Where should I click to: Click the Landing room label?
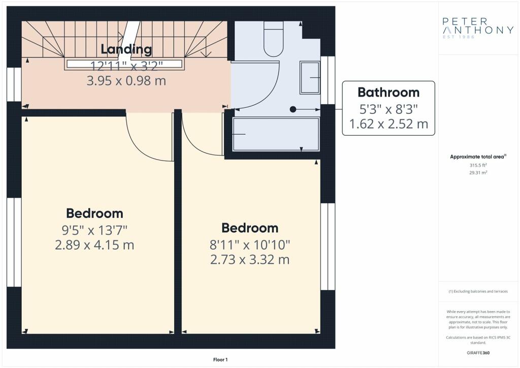coord(126,49)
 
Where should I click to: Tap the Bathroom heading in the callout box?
coord(388,92)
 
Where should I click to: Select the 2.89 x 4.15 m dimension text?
coord(94,245)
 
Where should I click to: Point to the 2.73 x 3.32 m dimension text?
coord(250,260)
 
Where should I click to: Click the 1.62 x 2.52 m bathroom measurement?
coord(388,124)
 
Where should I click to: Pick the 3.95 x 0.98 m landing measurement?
coord(126,81)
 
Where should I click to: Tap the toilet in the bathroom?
coord(274,39)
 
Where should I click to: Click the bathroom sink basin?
coord(310,78)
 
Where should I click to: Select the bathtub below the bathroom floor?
coord(276,134)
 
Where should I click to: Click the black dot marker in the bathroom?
coord(293,109)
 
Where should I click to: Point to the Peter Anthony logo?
coord(478,27)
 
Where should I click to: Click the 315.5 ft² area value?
coord(478,165)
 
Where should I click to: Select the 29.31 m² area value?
coord(478,172)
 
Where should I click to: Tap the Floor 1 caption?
coord(220,360)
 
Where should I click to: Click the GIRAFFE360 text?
coord(478,353)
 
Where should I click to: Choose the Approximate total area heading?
coord(478,157)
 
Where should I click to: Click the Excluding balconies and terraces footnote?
coord(478,291)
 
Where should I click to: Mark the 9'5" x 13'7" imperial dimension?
coord(94,230)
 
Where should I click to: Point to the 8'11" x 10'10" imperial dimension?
coord(250,245)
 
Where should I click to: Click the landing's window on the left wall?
coord(14,84)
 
